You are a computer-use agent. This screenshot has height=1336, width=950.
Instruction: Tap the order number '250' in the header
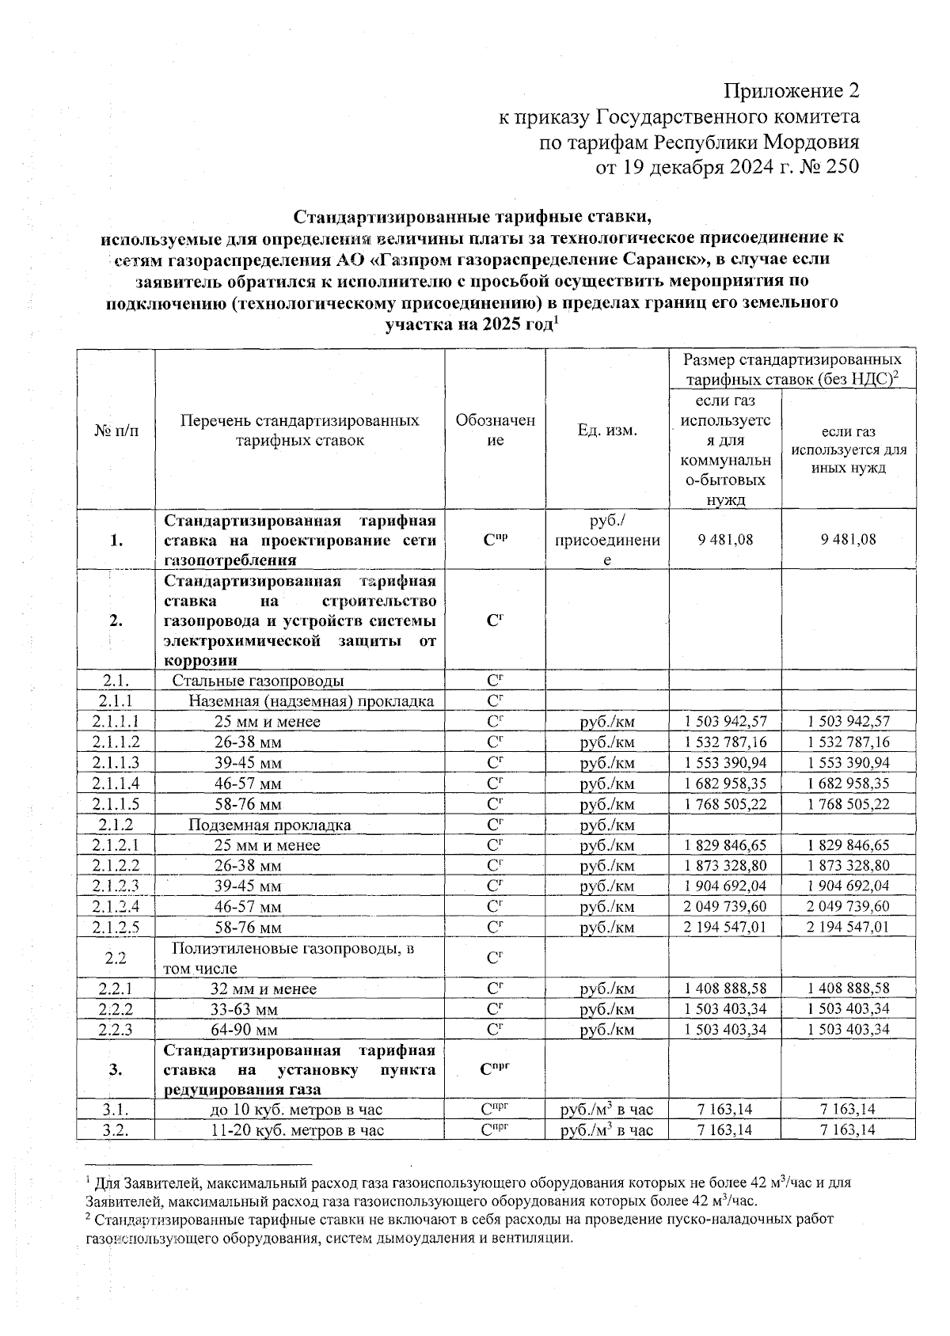point(842,165)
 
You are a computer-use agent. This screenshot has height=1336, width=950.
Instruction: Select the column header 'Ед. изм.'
point(607,430)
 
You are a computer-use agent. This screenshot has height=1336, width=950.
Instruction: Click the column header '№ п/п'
point(116,430)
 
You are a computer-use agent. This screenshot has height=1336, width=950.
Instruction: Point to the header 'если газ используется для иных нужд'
point(848,450)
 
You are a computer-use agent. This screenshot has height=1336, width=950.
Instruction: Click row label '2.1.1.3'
point(116,763)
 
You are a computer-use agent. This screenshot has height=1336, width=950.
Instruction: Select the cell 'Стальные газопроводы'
point(258,681)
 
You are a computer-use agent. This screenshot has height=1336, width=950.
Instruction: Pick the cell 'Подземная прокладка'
point(269,825)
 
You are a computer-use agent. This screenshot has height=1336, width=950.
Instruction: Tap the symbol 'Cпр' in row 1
point(495,540)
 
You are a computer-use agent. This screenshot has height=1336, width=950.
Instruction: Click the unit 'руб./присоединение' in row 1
point(607,540)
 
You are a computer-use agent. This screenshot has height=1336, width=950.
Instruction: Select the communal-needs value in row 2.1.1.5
point(724,804)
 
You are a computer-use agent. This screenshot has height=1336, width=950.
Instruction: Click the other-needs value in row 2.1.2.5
point(848,927)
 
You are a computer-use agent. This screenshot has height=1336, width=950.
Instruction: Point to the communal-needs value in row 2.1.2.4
point(724,906)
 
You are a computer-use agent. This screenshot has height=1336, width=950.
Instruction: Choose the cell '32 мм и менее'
point(263,989)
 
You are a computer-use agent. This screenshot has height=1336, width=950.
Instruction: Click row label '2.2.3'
point(116,1030)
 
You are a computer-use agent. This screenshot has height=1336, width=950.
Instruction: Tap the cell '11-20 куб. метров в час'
point(297,1130)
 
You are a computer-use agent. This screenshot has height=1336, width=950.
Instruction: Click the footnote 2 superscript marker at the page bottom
point(88,1216)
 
